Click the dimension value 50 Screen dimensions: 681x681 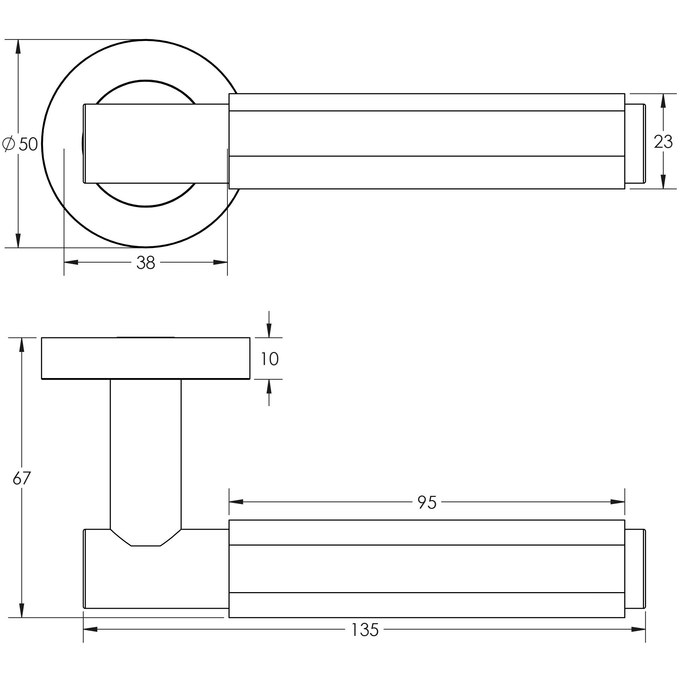point(28,144)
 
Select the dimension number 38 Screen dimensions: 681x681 point(146,263)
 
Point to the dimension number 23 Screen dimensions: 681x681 point(663,142)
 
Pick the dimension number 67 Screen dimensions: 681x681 point(22,478)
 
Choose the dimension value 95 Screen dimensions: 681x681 point(427,502)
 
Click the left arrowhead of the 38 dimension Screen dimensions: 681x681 point(71,262)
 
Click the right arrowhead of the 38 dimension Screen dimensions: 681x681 point(220,262)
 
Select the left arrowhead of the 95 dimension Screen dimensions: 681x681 point(236,501)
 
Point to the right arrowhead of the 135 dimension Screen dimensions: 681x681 point(638,629)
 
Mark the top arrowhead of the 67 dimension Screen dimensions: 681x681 point(22,345)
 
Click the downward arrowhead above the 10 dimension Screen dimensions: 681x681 point(269,330)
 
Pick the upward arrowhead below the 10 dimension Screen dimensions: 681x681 point(269,386)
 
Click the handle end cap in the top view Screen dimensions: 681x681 point(635,144)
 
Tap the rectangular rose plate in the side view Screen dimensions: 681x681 point(146,358)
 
